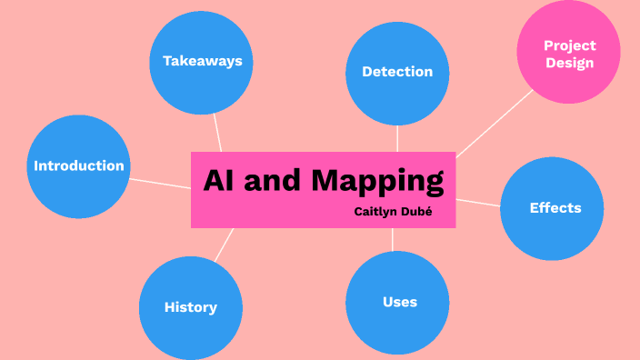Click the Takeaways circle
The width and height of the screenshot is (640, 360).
(202, 62)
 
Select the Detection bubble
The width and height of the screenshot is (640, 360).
(397, 73)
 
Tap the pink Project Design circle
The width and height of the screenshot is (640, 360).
(569, 53)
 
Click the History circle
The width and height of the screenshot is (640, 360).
(191, 307)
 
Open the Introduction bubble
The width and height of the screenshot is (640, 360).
(78, 166)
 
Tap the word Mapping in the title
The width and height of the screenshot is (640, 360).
(377, 181)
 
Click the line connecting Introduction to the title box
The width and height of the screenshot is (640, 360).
(160, 184)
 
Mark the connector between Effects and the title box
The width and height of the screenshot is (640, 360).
(478, 203)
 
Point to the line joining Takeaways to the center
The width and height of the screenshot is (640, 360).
(217, 133)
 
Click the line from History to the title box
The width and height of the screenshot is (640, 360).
(224, 244)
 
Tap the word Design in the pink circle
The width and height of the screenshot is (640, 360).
(570, 63)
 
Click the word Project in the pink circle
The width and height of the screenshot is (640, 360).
(570, 45)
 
